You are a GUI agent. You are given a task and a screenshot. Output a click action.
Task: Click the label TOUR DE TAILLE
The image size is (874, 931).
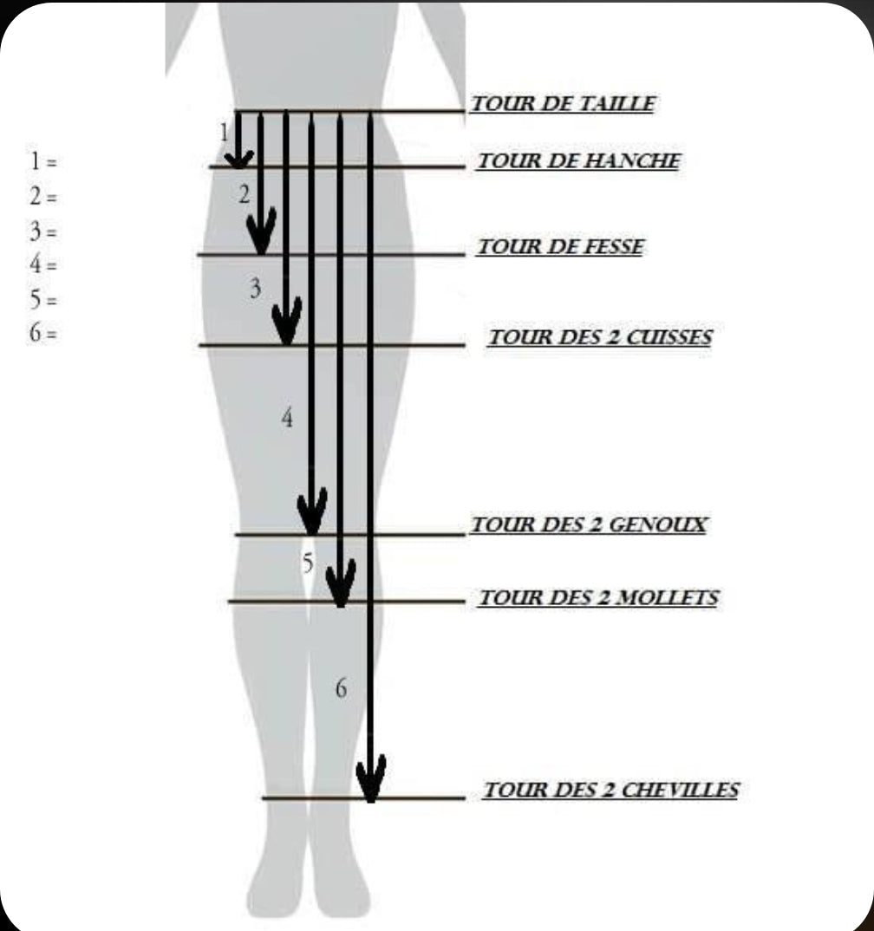(563, 104)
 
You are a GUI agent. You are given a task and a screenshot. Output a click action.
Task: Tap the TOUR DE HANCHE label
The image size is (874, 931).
(579, 161)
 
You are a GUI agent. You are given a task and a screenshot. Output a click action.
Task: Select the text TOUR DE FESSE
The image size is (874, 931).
(560, 246)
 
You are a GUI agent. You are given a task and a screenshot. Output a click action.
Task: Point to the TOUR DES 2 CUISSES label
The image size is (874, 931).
(600, 337)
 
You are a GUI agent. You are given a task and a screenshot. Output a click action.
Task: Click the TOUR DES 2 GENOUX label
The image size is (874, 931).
(589, 524)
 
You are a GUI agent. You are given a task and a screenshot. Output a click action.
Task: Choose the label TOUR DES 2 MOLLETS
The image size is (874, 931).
(598, 597)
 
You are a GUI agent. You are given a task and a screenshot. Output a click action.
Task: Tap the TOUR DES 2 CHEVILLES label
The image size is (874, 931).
(611, 790)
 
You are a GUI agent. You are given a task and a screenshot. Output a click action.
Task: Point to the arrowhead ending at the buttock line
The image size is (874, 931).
(261, 231)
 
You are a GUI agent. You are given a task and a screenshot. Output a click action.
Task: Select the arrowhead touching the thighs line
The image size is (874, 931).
(287, 322)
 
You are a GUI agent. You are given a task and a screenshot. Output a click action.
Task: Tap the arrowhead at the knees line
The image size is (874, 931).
(312, 511)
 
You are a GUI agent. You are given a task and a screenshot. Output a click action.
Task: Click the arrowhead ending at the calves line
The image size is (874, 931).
(340, 583)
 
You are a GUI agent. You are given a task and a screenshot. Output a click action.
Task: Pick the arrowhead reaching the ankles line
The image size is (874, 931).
(371, 778)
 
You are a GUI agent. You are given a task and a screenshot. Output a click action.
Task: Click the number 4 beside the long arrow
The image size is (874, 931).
(287, 418)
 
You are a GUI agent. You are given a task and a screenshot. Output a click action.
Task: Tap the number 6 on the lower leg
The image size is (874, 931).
(341, 688)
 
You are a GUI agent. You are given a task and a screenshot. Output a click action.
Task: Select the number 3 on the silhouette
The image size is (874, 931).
(255, 289)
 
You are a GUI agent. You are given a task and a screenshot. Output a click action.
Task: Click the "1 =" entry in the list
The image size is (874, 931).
(43, 161)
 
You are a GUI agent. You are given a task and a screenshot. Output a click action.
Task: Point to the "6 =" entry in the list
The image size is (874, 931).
(43, 333)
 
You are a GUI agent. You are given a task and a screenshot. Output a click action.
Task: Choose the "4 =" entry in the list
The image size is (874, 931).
(43, 264)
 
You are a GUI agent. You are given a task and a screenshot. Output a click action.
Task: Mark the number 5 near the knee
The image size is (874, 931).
(308, 563)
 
